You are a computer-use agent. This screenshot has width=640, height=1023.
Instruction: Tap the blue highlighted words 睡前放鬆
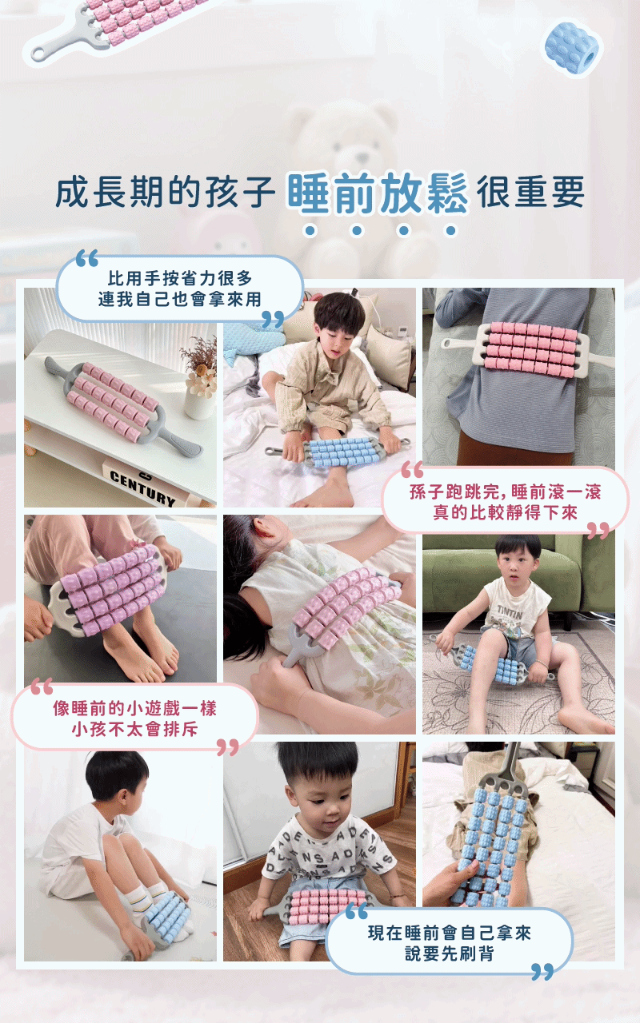[378, 193]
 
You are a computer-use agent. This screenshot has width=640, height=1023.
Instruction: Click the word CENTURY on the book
[142, 488]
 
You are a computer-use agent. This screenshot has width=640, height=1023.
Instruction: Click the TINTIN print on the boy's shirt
[510, 613]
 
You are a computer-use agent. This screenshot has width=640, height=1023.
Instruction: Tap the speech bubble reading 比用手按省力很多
[180, 289]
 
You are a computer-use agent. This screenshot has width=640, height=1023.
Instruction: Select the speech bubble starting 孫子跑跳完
[505, 502]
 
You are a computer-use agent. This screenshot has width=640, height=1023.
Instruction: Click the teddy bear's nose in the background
[362, 158]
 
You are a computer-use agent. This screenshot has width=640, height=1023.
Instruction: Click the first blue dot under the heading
[311, 230]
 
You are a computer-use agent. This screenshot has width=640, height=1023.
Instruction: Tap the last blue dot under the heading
[451, 230]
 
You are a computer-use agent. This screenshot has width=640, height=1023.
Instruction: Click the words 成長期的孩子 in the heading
[165, 192]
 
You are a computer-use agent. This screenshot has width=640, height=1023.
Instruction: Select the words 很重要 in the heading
[530, 192]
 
